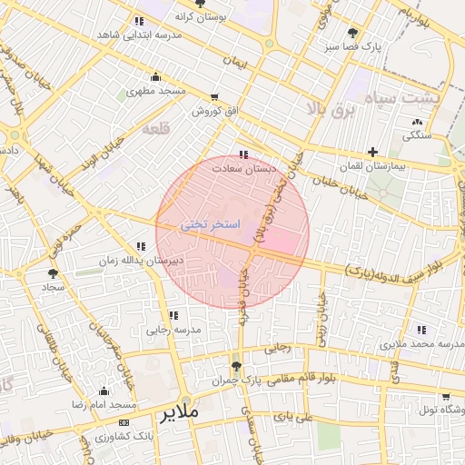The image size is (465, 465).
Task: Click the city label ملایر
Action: [180, 415]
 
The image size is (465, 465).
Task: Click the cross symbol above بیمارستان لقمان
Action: [372, 153]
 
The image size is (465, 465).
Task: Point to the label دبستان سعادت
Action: [242, 169]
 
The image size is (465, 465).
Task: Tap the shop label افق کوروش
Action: [214, 111]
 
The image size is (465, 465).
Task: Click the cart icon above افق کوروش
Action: [214, 97]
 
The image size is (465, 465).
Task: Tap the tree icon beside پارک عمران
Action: [236, 366]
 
